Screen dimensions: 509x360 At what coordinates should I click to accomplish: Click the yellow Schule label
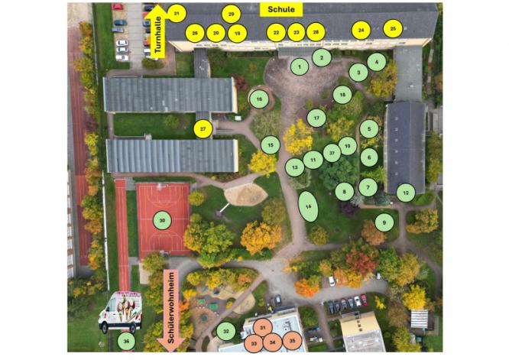[281, 9]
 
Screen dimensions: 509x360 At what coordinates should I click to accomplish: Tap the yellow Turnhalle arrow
[157, 31]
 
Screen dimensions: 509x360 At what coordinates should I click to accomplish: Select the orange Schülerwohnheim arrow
[171, 310]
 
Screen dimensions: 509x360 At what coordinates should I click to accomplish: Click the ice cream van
[121, 312]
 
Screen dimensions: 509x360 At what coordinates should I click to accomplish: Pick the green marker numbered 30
[162, 221]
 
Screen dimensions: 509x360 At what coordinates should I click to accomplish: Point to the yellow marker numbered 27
[203, 129]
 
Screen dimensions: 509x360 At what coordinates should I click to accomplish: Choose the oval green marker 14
[308, 206]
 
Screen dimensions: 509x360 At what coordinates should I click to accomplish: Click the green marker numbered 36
[126, 341]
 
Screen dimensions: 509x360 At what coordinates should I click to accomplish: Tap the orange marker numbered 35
[292, 341]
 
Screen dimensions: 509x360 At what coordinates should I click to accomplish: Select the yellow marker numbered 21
[177, 14]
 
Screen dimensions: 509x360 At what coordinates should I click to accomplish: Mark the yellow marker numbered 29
[231, 15]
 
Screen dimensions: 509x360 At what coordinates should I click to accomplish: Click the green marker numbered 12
[406, 193]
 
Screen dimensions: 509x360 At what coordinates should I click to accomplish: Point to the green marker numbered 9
[384, 222]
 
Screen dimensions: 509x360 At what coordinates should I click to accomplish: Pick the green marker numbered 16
[259, 99]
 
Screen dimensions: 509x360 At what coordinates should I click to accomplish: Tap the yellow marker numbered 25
[393, 28]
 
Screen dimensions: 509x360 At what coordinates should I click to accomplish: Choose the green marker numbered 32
[226, 332]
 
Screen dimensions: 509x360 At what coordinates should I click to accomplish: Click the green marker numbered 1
[300, 66]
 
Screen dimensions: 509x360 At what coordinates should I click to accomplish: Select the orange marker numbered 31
[263, 328]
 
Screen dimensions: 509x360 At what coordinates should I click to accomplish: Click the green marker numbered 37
[332, 153]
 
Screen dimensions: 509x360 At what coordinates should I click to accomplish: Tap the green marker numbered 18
[342, 95]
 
